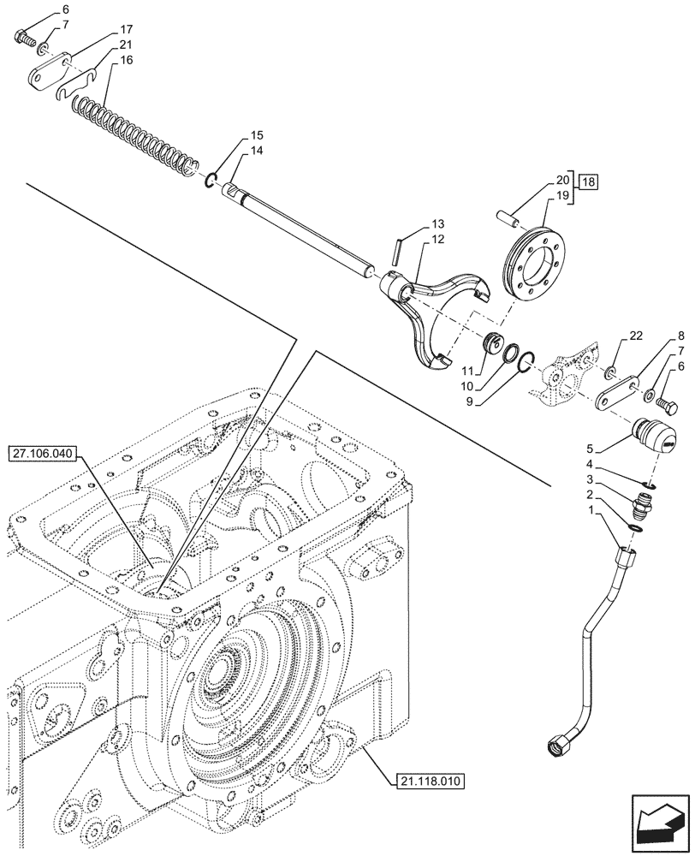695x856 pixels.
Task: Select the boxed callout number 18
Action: pos(588,182)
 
